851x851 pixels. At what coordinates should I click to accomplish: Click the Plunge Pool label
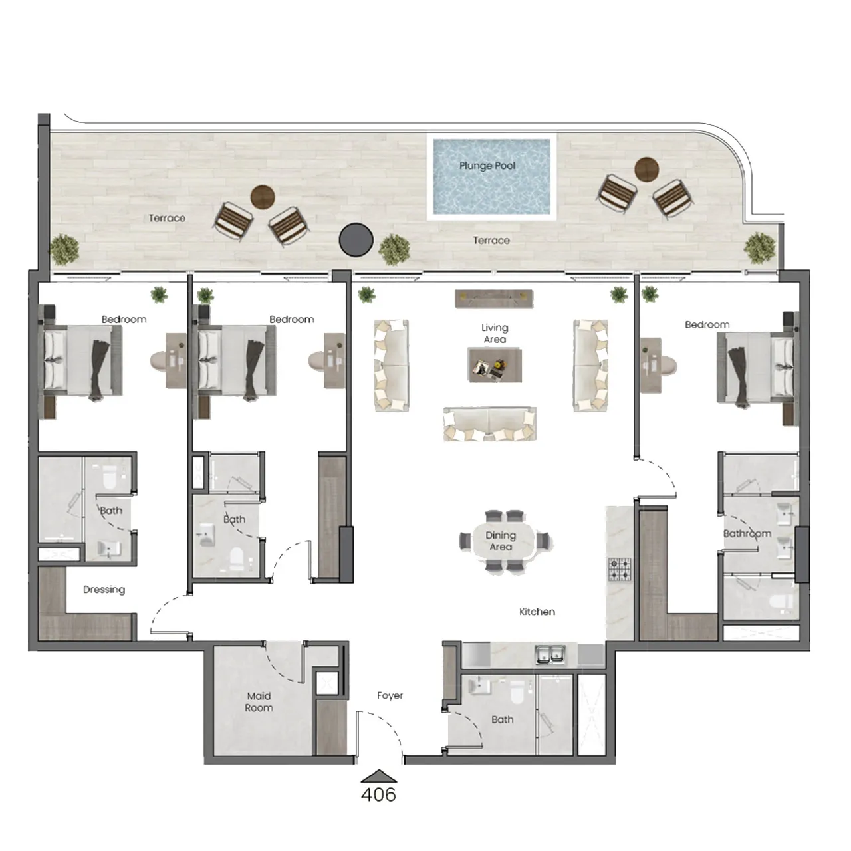pos(487,166)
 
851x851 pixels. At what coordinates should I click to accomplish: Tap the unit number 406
pos(378,794)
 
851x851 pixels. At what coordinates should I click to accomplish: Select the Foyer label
pos(390,695)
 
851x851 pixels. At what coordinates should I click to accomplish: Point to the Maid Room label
pos(259,702)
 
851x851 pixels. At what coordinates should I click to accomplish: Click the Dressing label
pos(104,590)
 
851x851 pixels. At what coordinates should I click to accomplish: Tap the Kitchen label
pos(537,612)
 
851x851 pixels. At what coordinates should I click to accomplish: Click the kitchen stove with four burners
pos(620,570)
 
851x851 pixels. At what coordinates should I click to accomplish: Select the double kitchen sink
pos(551,655)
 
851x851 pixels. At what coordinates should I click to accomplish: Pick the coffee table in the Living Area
pos(494,365)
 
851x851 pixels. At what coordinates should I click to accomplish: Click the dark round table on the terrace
pos(356,239)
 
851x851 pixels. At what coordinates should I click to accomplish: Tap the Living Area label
pos(495,334)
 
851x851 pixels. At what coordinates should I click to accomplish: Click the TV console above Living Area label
pos(494,299)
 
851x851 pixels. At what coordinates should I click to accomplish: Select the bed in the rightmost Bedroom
pos(755,368)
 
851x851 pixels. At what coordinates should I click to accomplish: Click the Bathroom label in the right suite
pos(747,533)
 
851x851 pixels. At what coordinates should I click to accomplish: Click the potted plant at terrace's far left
pos(64,249)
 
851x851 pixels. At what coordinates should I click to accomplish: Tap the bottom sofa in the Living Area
pos(490,424)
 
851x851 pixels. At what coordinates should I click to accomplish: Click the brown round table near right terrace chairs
pos(646,168)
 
